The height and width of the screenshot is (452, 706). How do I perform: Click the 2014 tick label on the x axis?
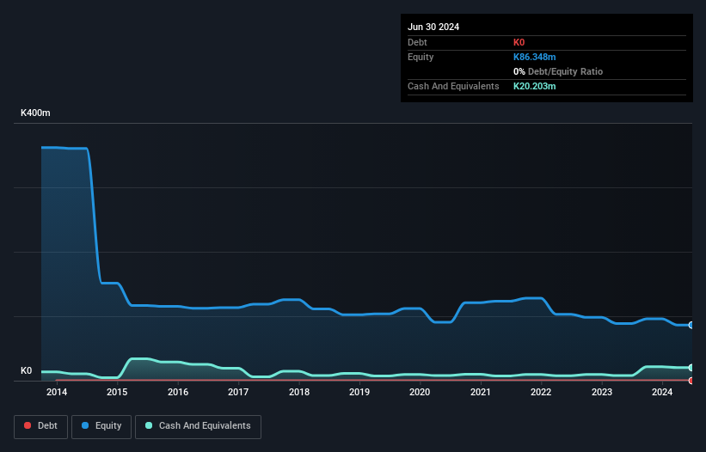tap(57, 392)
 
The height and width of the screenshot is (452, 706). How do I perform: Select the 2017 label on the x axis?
tap(238, 392)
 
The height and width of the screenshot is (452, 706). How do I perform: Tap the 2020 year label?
tap(420, 392)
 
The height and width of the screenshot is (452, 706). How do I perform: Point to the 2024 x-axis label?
tap(662, 392)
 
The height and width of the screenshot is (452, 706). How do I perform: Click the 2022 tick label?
tap(541, 392)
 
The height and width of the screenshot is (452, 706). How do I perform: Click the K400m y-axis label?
tap(36, 113)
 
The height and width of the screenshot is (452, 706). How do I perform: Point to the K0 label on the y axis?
tap(26, 371)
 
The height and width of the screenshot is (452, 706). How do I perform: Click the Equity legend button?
tap(101, 425)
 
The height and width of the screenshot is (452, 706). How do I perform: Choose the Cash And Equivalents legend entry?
tap(198, 425)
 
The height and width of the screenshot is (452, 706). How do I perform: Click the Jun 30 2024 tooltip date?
tap(433, 27)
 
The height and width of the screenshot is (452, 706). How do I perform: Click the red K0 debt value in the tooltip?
tap(519, 42)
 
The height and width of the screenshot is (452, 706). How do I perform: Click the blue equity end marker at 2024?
tap(691, 325)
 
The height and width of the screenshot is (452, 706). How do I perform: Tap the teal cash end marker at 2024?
tap(691, 368)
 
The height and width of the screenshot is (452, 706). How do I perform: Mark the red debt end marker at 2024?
tap(691, 381)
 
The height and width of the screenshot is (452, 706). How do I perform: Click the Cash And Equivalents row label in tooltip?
tap(453, 86)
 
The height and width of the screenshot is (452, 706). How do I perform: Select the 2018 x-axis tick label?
tap(299, 392)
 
